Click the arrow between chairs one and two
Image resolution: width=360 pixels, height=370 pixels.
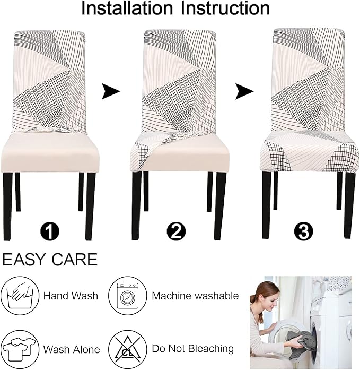tap(110, 92)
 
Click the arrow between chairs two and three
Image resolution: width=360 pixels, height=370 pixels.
tap(244, 92)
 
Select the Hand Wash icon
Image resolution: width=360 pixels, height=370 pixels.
tap(20, 296)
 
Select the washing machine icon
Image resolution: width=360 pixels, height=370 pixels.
tap(128, 296)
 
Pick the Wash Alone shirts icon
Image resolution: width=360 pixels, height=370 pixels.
tap(20, 349)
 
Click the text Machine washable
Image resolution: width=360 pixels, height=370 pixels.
tap(195, 296)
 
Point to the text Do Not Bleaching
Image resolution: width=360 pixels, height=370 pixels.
tap(192, 349)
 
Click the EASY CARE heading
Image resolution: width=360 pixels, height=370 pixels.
tap(50, 260)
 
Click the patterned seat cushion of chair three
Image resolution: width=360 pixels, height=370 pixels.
tap(309, 151)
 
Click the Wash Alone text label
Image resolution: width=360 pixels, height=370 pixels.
tap(71, 350)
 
